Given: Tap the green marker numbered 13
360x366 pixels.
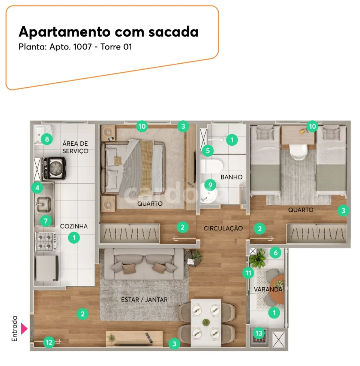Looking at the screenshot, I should point(259,333).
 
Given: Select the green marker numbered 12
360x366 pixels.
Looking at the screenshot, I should point(48,342).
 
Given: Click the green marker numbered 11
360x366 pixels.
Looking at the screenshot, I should point(248,273).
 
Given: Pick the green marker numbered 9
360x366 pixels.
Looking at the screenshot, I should point(210,185).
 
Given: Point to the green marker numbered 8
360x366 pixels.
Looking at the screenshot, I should point(47,140).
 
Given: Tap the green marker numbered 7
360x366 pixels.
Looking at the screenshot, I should point(46,221).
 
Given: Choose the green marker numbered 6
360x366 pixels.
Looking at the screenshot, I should point(276,253).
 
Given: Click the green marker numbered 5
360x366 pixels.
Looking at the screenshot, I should point(207,151).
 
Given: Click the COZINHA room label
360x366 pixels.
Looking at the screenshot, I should point(74,226).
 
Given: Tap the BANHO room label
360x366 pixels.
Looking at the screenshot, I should point(231,177).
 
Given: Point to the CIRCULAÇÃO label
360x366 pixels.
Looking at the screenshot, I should point(223,228).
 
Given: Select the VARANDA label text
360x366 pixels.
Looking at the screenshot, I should point(268,290).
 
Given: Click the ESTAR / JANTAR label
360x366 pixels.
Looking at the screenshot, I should point(144,299).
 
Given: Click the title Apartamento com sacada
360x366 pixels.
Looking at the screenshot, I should point(108,32).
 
